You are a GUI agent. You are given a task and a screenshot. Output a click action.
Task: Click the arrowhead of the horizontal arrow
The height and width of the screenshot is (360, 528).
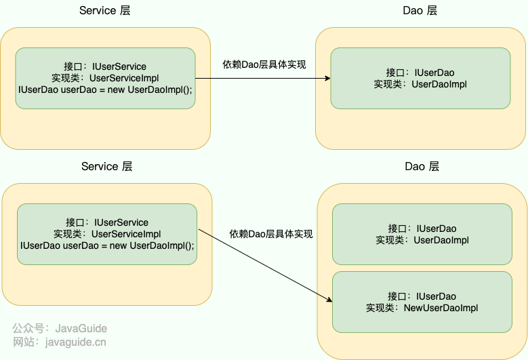(x=327, y=79)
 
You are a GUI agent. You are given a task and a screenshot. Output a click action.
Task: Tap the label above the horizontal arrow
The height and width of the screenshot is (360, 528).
(x=264, y=65)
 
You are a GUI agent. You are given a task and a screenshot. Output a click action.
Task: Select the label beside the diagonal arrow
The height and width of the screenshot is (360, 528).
(x=271, y=234)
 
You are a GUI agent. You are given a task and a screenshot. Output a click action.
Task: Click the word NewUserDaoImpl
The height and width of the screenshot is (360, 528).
(x=441, y=308)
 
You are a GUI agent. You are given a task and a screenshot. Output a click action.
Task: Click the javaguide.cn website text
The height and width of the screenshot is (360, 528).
(x=75, y=342)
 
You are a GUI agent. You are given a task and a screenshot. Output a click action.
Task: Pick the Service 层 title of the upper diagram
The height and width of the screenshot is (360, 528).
(x=105, y=11)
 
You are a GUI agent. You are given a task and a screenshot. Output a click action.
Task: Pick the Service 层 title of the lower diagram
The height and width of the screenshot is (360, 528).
(x=107, y=167)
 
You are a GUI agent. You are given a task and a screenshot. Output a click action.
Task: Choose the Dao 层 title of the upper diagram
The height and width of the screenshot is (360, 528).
(x=420, y=11)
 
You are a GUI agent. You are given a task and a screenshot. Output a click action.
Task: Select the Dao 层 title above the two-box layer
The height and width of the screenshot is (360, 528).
(x=422, y=167)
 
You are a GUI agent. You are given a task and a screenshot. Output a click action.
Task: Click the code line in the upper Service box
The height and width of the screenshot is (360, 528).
(x=105, y=89)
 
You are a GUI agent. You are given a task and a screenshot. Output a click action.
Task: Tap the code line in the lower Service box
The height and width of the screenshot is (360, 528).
(x=107, y=245)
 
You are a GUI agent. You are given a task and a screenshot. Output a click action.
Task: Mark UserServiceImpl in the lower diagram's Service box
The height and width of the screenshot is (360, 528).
(x=126, y=234)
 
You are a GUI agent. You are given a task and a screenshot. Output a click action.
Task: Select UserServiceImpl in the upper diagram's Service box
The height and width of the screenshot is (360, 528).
(x=124, y=78)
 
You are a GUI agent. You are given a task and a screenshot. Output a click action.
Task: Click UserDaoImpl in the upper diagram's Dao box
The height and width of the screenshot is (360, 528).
(x=439, y=84)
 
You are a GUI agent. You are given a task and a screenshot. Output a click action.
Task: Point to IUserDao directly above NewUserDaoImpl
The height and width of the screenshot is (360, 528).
(x=436, y=296)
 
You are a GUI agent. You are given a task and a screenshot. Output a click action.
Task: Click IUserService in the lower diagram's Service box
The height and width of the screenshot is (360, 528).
(x=121, y=222)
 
